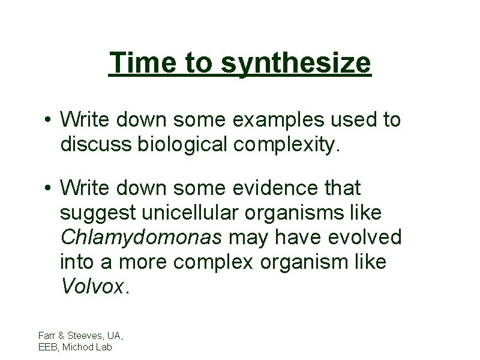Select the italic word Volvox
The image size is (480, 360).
coord(93,286)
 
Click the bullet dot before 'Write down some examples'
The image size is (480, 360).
coord(47,121)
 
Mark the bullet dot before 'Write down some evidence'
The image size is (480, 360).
coord(47,189)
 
